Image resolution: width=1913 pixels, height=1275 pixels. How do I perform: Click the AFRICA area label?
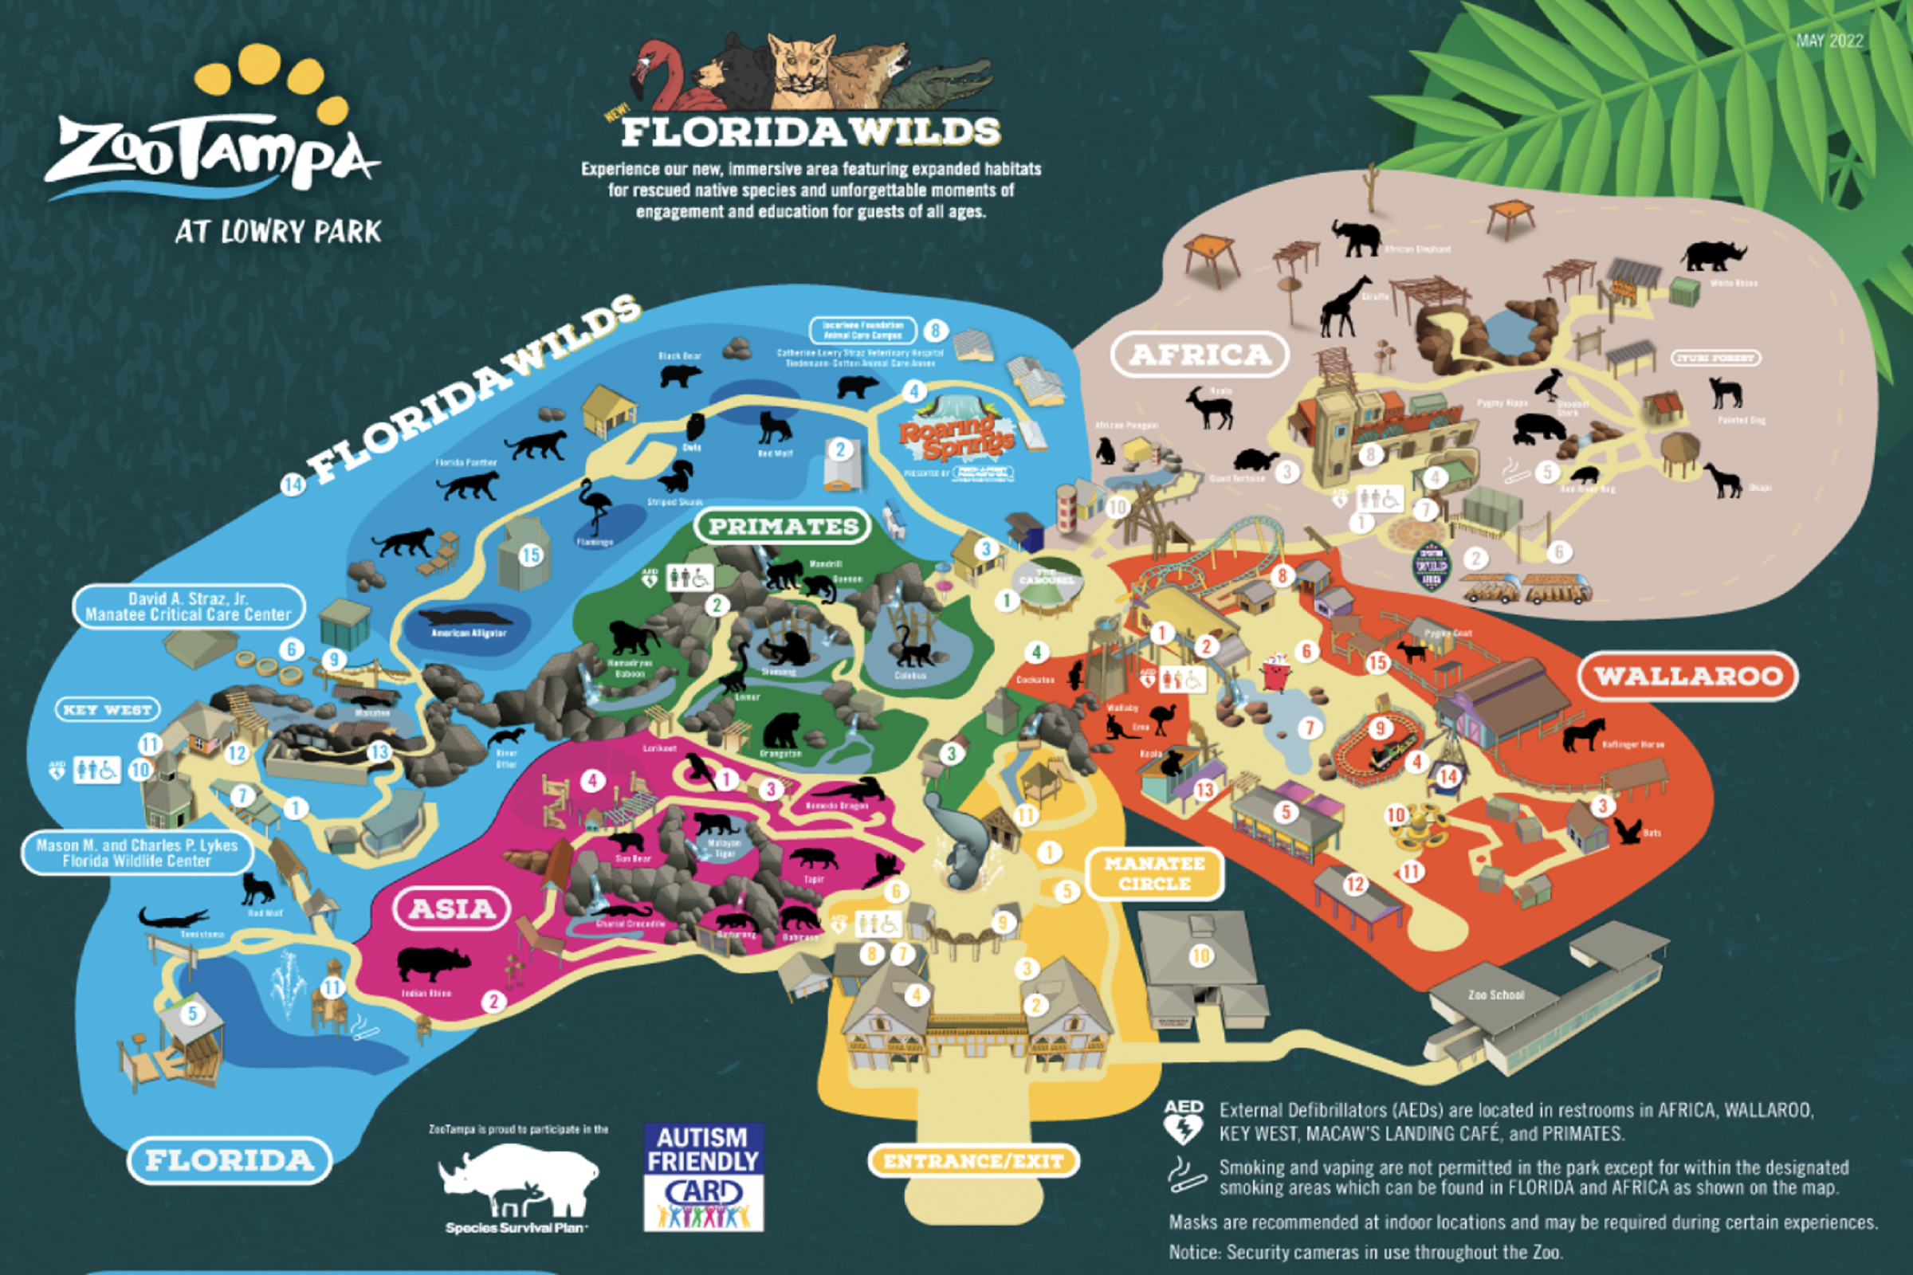(1199, 355)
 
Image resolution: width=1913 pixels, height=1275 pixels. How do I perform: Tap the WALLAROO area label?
(1687, 676)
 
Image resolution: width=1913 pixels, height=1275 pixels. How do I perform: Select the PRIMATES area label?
(783, 526)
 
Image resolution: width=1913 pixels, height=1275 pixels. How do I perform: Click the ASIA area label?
(451, 908)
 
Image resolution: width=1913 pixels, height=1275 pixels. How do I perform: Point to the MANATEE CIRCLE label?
(1154, 873)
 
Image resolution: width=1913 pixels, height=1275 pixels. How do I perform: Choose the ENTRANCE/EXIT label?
(972, 1161)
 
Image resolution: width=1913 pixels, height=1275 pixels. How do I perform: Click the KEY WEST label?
(108, 710)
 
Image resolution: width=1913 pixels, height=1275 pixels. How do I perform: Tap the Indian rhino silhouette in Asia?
(432, 964)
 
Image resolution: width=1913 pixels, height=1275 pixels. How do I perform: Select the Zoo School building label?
(1496, 994)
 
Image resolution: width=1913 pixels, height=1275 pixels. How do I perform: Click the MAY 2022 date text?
(1829, 41)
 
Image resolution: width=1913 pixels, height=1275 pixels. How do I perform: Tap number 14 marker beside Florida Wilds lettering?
(292, 485)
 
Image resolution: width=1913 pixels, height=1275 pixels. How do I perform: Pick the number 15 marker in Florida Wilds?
(530, 555)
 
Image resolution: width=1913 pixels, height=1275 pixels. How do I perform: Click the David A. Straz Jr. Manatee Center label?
(188, 606)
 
